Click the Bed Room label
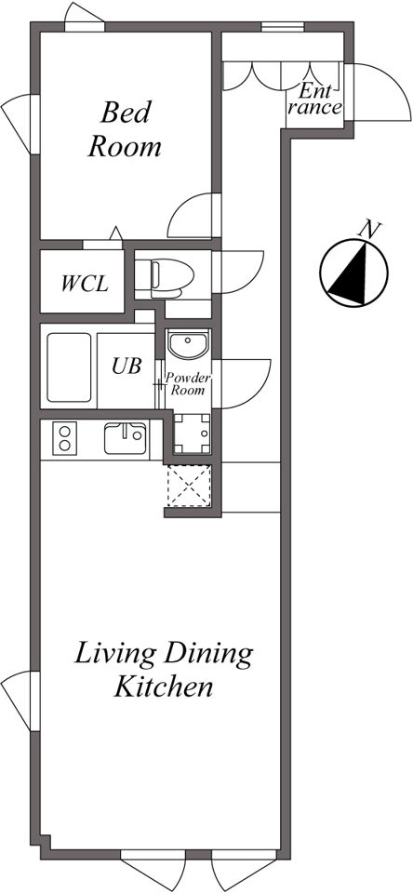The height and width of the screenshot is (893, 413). (125, 129)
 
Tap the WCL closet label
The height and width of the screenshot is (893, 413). (85, 283)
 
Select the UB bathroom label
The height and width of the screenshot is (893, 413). (127, 366)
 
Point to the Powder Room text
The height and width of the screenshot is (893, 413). (187, 384)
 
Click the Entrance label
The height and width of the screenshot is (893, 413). (315, 100)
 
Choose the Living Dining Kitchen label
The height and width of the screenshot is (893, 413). (164, 670)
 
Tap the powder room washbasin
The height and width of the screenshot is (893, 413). (189, 344)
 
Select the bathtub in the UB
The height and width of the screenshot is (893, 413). (69, 367)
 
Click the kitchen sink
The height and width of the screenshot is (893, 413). (125, 439)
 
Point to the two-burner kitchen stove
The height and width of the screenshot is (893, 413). (65, 439)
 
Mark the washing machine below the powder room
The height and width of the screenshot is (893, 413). (192, 433)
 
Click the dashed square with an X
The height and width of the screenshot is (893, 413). (189, 486)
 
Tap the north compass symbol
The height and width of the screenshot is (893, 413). (353, 273)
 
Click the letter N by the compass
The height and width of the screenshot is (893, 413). (369, 230)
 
